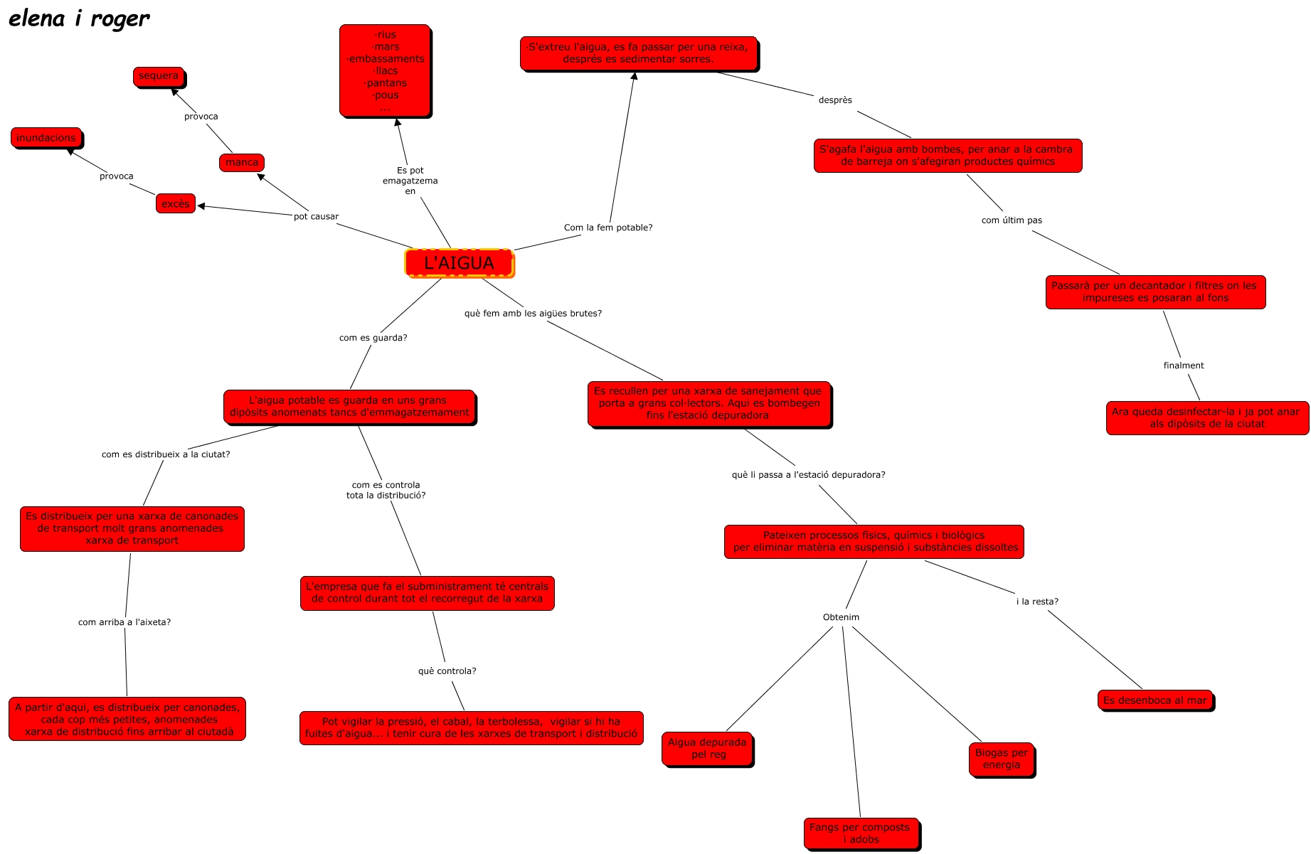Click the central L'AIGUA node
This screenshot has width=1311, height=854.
[x=459, y=263]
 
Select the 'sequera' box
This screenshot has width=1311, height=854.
[x=159, y=76]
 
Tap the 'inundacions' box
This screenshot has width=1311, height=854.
[x=46, y=138]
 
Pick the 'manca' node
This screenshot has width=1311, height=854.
[x=242, y=163]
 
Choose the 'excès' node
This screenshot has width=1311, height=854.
[x=175, y=204]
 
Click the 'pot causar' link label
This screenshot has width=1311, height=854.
[x=316, y=217]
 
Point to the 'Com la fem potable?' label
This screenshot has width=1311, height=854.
[x=608, y=228]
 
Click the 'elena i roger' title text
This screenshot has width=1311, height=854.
[x=79, y=19]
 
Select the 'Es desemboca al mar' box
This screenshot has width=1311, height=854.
[x=1155, y=700]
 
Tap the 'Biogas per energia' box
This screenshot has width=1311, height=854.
[x=1002, y=759]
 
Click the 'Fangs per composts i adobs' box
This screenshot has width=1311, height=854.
[x=861, y=833]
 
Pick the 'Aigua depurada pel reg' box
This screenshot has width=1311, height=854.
[x=708, y=749]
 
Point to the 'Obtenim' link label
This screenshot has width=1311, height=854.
[x=841, y=617]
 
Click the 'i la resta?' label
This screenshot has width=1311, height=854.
[x=1037, y=602]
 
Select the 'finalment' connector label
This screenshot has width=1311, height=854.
[x=1184, y=365]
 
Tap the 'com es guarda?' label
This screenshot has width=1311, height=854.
[x=373, y=338]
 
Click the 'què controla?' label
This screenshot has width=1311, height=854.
[x=447, y=671]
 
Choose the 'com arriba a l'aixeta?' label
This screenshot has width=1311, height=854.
[x=124, y=622]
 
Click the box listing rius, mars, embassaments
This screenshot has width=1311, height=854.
[x=386, y=70]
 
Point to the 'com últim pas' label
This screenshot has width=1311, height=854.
[x=1012, y=220]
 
